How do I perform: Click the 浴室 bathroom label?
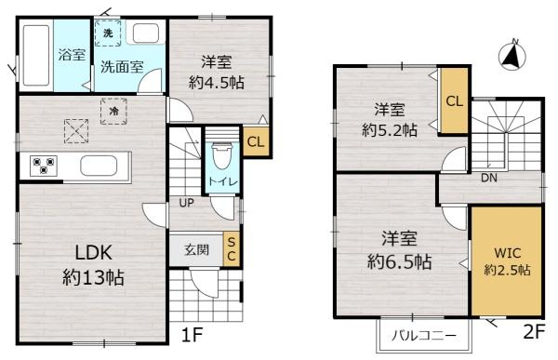pos(70,53)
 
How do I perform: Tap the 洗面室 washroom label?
pos(121,67)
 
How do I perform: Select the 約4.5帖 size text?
pos(216,82)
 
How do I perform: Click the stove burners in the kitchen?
pos(43,167)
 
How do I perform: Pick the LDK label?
pos(81,252)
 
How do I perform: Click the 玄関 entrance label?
pos(195,249)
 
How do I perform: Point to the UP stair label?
pos(187,204)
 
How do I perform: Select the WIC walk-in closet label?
pos(507,252)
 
